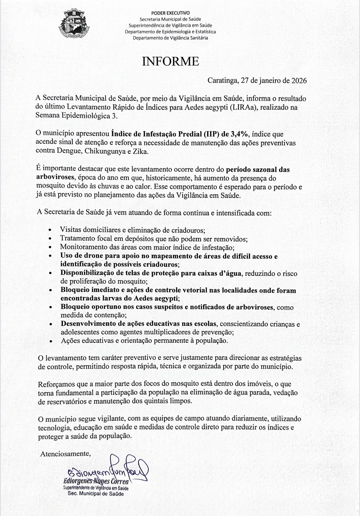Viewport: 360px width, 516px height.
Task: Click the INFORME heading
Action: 171,61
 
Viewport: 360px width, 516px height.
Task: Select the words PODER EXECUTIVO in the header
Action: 171,13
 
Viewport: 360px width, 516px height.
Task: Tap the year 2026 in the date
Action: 299,81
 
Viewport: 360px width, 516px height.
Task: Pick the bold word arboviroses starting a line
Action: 55,177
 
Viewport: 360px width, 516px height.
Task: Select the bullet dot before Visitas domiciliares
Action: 49,231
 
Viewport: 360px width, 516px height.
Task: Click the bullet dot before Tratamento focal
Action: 49,239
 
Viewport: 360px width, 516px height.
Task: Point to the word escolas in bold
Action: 205,323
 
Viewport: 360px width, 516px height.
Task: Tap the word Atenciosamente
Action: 65,454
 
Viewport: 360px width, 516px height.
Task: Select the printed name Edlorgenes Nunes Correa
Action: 96,481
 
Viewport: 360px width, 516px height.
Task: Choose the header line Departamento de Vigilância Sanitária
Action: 171,38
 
